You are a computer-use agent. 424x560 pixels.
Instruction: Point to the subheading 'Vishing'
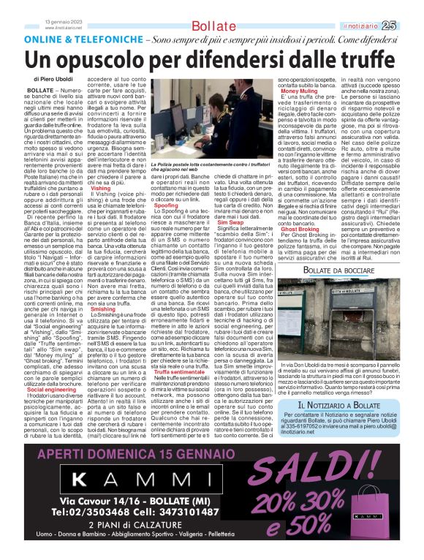coord(101,188)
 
